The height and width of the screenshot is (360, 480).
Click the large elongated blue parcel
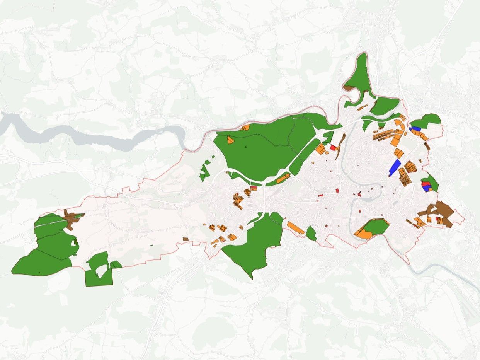395,167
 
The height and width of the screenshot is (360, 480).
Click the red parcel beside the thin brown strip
333,148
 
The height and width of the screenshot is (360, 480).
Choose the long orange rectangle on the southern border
295,227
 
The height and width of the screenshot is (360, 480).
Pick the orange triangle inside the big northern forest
230,140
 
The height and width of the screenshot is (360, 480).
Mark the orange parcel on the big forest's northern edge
245,127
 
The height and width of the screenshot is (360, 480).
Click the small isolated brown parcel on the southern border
186,239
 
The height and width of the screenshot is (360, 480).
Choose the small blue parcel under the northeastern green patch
415,128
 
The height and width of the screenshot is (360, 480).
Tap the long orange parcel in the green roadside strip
283,177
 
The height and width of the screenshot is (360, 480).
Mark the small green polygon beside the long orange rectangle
310,234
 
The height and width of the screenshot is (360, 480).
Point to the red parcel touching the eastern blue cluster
424,183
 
